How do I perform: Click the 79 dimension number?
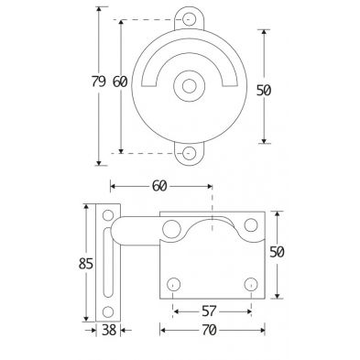(99, 82)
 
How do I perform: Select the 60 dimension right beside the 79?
(120, 82)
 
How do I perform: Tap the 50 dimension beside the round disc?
(264, 91)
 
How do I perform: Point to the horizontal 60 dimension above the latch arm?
(159, 186)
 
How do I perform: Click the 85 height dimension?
(86, 263)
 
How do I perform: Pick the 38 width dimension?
(109, 330)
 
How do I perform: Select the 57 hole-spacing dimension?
(209, 311)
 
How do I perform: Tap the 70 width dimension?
(209, 330)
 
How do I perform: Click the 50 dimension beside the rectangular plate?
(277, 252)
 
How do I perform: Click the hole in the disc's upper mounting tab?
(189, 18)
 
